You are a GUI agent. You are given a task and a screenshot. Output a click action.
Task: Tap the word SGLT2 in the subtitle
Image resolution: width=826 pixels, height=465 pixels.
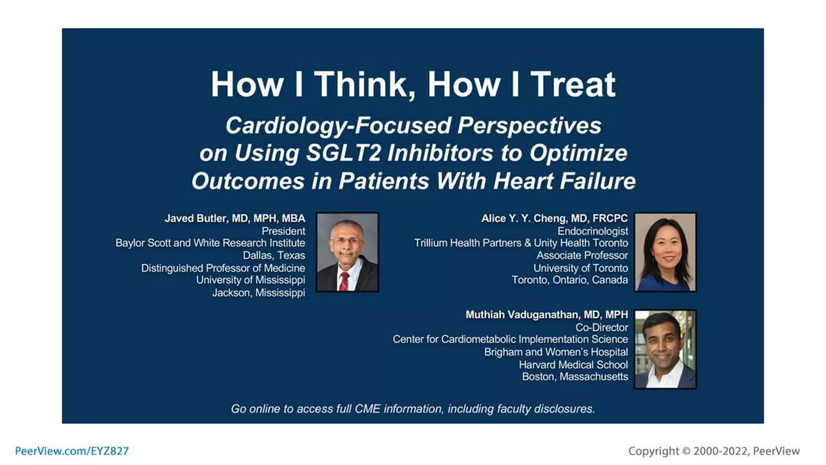pyautogui.click(x=343, y=153)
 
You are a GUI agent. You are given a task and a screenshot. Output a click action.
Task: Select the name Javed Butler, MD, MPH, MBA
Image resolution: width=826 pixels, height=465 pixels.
pyautogui.click(x=235, y=218)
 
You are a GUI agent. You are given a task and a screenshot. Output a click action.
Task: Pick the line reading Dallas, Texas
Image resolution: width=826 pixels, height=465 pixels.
pyautogui.click(x=274, y=256)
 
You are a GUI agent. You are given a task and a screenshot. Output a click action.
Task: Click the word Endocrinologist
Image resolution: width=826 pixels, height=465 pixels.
pyautogui.click(x=592, y=231)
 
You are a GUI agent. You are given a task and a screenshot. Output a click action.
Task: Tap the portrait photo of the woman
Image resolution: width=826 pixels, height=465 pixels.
pyautogui.click(x=665, y=252)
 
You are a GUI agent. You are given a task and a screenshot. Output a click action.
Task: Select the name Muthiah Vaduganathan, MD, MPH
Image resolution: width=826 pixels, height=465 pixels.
pyautogui.click(x=546, y=314)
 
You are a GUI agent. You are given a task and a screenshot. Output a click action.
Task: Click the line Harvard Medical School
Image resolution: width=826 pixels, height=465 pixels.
pyautogui.click(x=573, y=365)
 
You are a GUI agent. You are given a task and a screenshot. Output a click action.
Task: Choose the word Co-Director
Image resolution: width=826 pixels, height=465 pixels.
pyautogui.click(x=601, y=327)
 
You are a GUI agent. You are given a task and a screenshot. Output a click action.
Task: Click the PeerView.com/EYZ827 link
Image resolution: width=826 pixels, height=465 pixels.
pyautogui.click(x=72, y=451)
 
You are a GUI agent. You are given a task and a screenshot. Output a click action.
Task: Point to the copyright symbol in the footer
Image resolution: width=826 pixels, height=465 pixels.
pyautogui.click(x=686, y=451)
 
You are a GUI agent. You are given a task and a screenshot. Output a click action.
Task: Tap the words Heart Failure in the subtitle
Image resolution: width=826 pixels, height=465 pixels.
pyautogui.click(x=565, y=181)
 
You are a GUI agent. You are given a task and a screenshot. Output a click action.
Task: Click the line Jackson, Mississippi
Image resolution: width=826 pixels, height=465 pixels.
pyautogui.click(x=259, y=293)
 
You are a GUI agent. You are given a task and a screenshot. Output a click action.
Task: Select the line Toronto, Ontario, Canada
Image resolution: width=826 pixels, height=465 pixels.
pyautogui.click(x=569, y=280)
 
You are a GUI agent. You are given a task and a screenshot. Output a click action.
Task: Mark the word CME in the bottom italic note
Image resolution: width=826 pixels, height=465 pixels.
pyautogui.click(x=367, y=409)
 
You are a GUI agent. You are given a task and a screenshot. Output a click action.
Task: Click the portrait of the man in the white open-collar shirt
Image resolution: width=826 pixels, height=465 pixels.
pyautogui.click(x=665, y=349)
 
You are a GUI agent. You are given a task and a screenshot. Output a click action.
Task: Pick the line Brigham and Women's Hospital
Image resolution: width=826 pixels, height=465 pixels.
pyautogui.click(x=556, y=352)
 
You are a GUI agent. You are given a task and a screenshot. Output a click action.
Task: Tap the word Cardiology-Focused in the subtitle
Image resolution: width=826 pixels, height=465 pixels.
pyautogui.click(x=338, y=126)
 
